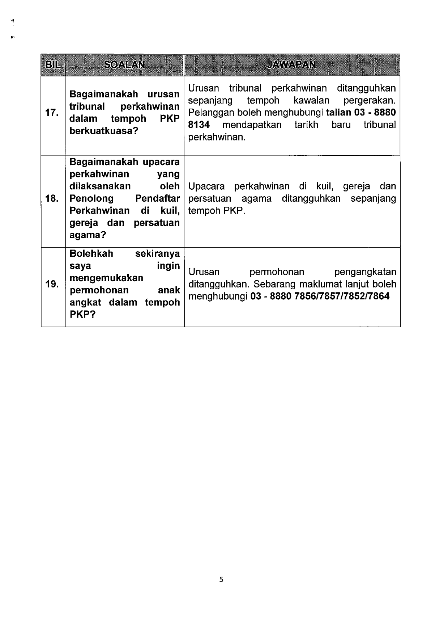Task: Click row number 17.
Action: click(52, 113)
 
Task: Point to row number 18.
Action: click(52, 198)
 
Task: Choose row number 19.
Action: click(52, 284)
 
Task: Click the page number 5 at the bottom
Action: click(221, 580)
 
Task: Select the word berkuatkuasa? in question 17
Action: click(104, 131)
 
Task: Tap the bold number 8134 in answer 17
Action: click(199, 125)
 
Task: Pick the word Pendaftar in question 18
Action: click(157, 198)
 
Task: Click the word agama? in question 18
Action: click(88, 235)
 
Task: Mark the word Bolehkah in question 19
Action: click(91, 253)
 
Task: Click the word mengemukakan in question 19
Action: click(106, 278)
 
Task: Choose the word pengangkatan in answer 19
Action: click(365, 272)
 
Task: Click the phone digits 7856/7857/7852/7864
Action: click(342, 297)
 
